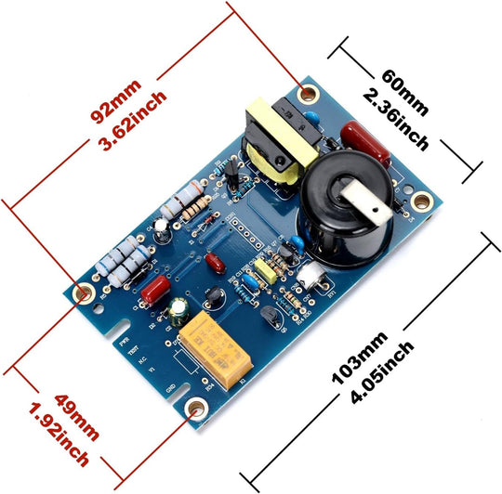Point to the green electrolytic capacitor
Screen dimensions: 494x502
coord(178,311)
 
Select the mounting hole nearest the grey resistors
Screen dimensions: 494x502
coord(83,292)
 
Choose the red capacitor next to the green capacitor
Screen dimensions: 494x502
coord(152,295)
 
